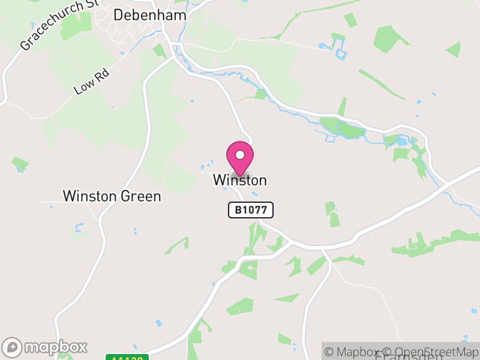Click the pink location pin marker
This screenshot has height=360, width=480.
coord(240,158)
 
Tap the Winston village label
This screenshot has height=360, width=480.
coord(239,180)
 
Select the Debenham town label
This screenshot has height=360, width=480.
coord(149,15)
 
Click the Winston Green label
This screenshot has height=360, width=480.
coord(112,196)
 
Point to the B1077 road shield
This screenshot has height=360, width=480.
coord(251,210)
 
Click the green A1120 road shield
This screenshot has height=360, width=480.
coord(128,358)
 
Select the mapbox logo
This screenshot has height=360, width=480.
coord(46,347)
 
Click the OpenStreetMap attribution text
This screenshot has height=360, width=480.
coord(431,352)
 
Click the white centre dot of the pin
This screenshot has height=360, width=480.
coord(240,155)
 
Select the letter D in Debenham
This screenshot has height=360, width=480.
coord(119,15)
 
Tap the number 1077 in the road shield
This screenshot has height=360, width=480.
coord(256,210)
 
